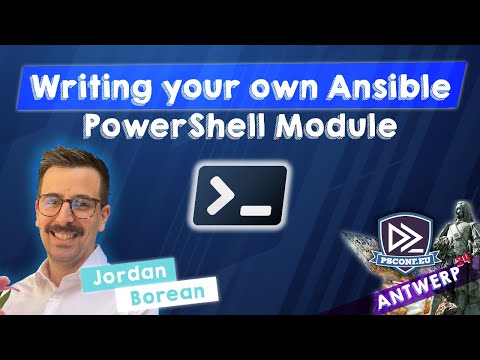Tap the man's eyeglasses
[67, 207]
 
